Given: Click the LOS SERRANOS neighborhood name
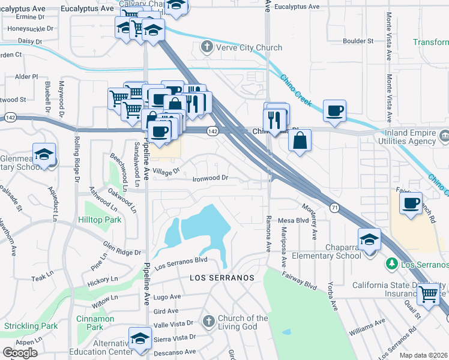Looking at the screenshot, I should [222, 278].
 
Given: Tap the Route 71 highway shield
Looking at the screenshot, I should [334, 207].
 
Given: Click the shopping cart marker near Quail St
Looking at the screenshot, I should [429, 293].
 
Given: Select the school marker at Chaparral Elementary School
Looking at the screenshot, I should [369, 239].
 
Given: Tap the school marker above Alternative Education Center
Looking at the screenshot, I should [140, 338].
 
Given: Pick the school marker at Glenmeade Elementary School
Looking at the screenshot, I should [44, 154].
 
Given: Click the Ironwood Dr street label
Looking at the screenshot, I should [210, 178].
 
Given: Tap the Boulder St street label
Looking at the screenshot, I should [358, 41].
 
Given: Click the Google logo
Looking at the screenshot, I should [20, 353].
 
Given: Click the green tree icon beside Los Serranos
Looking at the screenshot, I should [391, 263].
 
